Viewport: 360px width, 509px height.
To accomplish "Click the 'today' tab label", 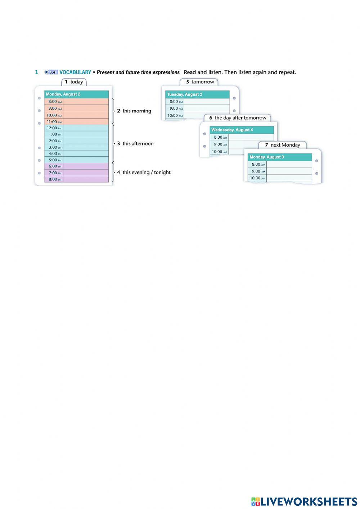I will pyautogui.click(x=74, y=82).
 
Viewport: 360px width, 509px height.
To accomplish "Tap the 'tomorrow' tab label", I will pyautogui.click(x=199, y=82).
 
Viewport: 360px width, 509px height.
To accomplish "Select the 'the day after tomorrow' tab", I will pyautogui.click(x=238, y=118).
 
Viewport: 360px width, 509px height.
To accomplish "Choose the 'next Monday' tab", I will pyautogui.click(x=283, y=145).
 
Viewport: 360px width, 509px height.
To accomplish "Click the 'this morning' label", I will pyautogui.click(x=134, y=111).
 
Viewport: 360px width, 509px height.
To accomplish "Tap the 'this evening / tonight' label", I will pyautogui.click(x=144, y=172).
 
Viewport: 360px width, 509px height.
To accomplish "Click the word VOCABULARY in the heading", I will pyautogui.click(x=75, y=72).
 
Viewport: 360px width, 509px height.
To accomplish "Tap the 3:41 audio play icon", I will pyautogui.click(x=51, y=72).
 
